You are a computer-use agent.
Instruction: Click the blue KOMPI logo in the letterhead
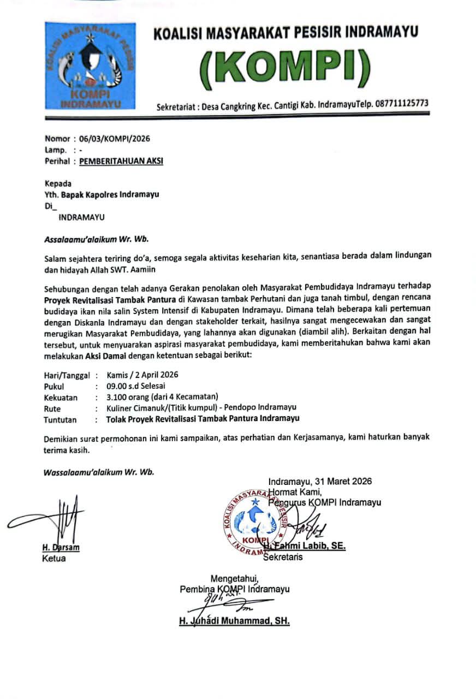tap(91, 66)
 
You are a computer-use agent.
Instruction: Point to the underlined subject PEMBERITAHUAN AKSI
tap(121, 161)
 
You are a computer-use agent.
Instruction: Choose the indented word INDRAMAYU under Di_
tap(82, 217)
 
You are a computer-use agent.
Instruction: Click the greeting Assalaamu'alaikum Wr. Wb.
tap(96, 239)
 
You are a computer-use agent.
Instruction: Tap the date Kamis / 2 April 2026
tap(142, 375)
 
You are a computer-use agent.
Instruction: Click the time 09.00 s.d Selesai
tap(136, 386)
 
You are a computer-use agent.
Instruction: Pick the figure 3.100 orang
tap(130, 397)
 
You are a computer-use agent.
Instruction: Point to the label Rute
tap(52, 408)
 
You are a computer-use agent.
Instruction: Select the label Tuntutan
tap(60, 419)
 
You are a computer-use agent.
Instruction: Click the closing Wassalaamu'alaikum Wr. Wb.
tap(99, 472)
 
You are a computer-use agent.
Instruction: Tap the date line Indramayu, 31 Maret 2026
tap(320, 481)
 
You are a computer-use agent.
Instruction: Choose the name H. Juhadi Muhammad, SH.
tap(234, 621)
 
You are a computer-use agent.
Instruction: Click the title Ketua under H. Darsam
tap(54, 558)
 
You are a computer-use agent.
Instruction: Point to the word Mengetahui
tap(235, 579)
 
